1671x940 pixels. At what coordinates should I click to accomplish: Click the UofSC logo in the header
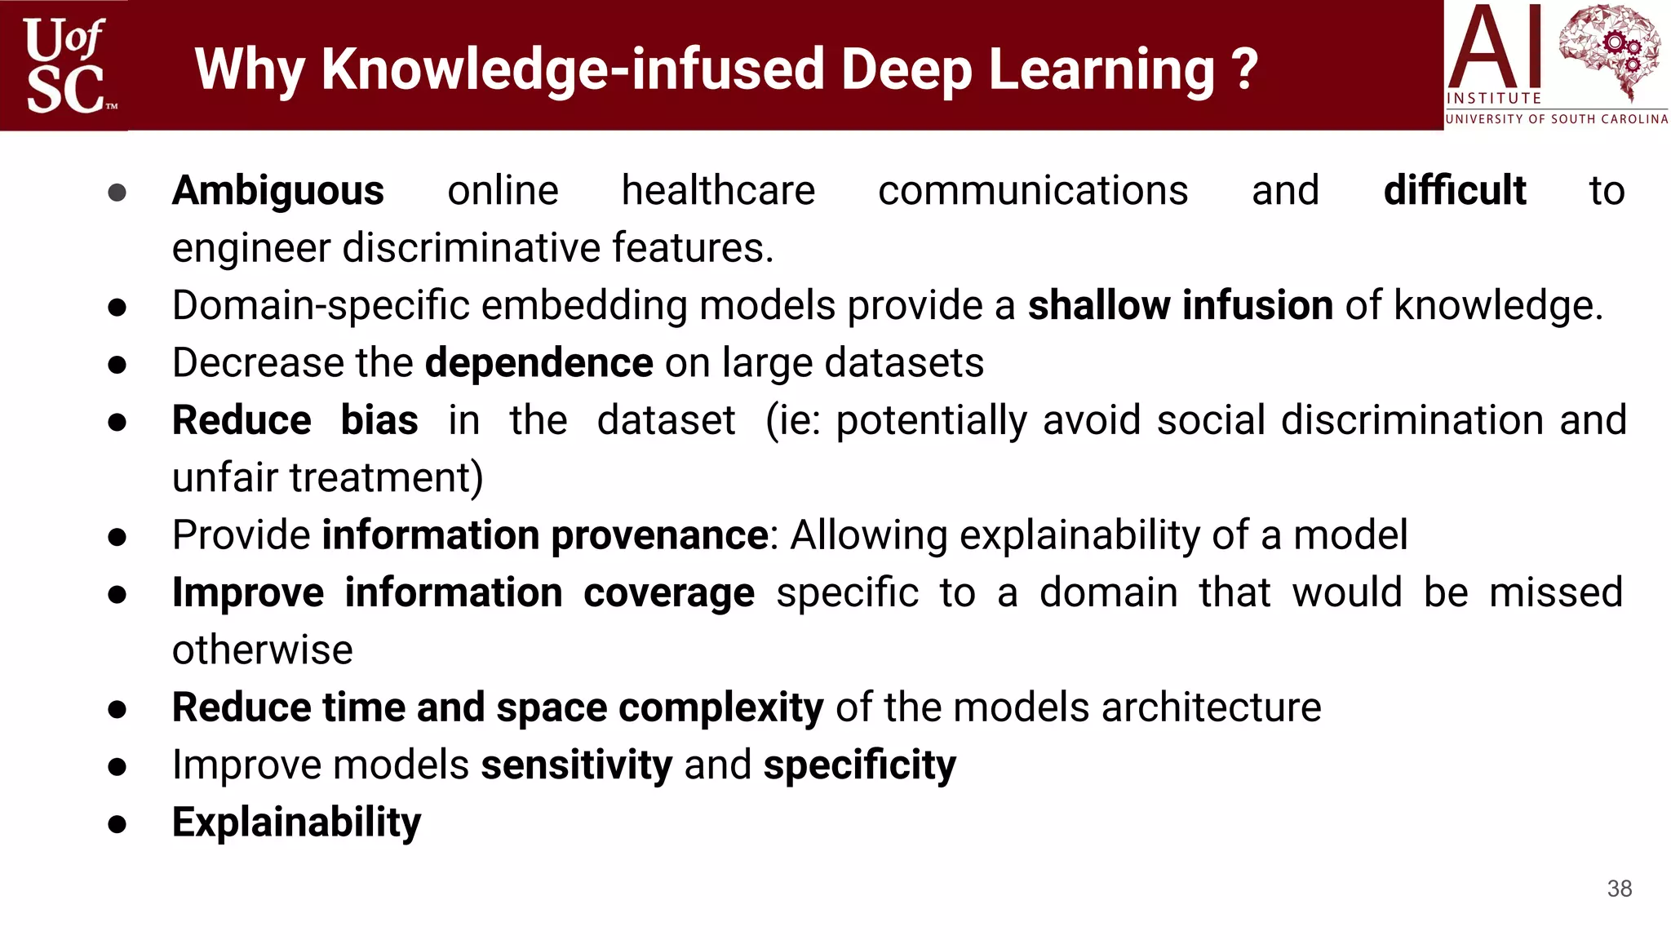click(64, 65)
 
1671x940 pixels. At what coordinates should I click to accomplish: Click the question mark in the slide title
click(1244, 69)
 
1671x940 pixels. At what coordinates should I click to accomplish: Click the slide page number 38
click(1619, 889)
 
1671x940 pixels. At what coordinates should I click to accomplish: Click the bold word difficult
click(1454, 191)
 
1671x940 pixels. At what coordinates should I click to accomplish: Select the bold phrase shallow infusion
click(1180, 306)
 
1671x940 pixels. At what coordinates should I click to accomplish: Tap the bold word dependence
click(539, 363)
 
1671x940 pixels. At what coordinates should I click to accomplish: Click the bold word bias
click(379, 421)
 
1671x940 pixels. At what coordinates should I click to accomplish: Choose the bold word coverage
click(668, 593)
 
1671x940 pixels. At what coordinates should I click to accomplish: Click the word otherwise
click(262, 650)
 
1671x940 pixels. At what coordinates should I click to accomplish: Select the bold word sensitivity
click(576, 765)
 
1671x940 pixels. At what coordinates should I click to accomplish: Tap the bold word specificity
click(859, 766)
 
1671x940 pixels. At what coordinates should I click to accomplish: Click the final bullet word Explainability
click(296, 823)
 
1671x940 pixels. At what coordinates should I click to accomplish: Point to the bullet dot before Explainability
click(117, 824)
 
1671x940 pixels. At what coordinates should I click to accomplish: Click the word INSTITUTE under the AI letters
click(1493, 99)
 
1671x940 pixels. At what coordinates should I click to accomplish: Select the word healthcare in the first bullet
click(718, 191)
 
